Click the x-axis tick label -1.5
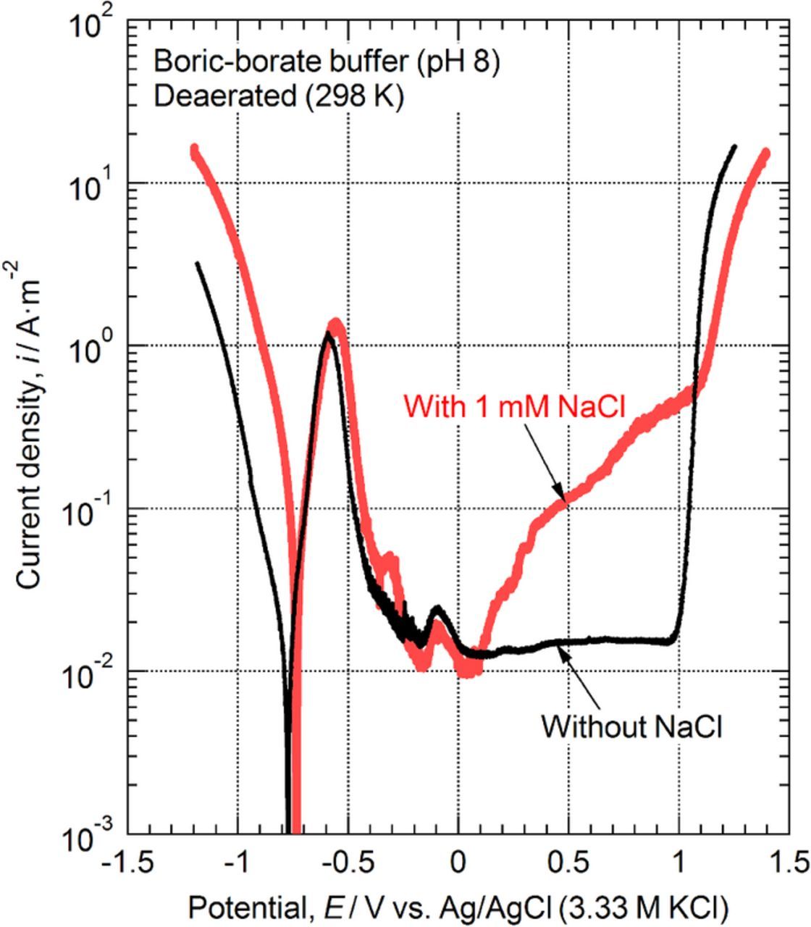point(127,863)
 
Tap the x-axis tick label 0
point(458,863)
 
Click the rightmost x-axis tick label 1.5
point(786,863)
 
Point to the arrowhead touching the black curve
point(560,648)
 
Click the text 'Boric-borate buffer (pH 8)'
point(326,62)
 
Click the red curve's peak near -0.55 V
point(335,323)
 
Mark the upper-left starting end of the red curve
point(194,148)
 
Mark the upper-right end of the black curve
point(735,146)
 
